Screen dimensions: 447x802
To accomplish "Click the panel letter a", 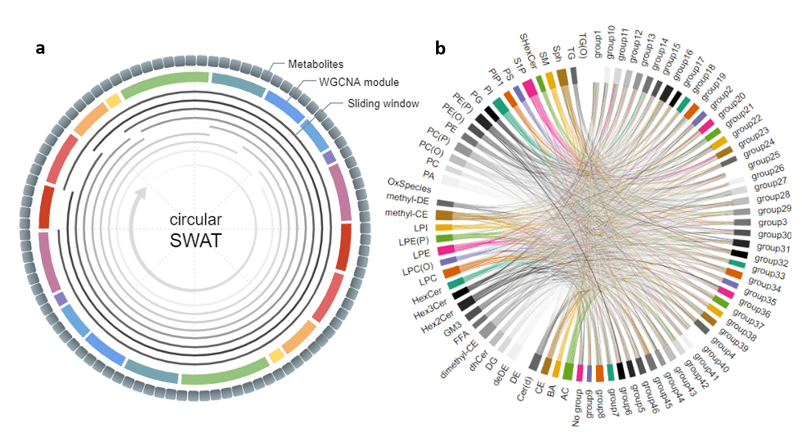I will click(40, 48).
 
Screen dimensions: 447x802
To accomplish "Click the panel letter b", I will click(441, 49).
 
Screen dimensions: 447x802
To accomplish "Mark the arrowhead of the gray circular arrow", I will click(141, 193).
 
